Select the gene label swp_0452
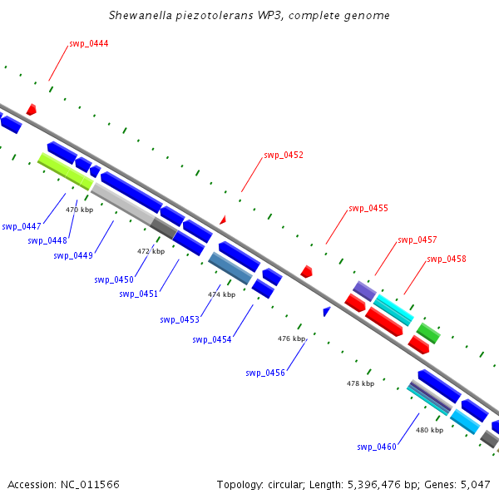click(284, 155)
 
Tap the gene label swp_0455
click(368, 208)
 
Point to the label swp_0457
click(417, 240)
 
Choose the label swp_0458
click(447, 259)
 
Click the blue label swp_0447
click(22, 226)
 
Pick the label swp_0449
click(73, 255)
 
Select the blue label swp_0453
click(180, 319)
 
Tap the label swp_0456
click(265, 373)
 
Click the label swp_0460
click(377, 447)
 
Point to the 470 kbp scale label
click(79, 210)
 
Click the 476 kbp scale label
click(291, 338)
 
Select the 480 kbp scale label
click(429, 430)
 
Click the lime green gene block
click(65, 170)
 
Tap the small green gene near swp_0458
click(427, 333)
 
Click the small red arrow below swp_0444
click(32, 109)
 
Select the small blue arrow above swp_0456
click(327, 311)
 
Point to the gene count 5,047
click(475, 484)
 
